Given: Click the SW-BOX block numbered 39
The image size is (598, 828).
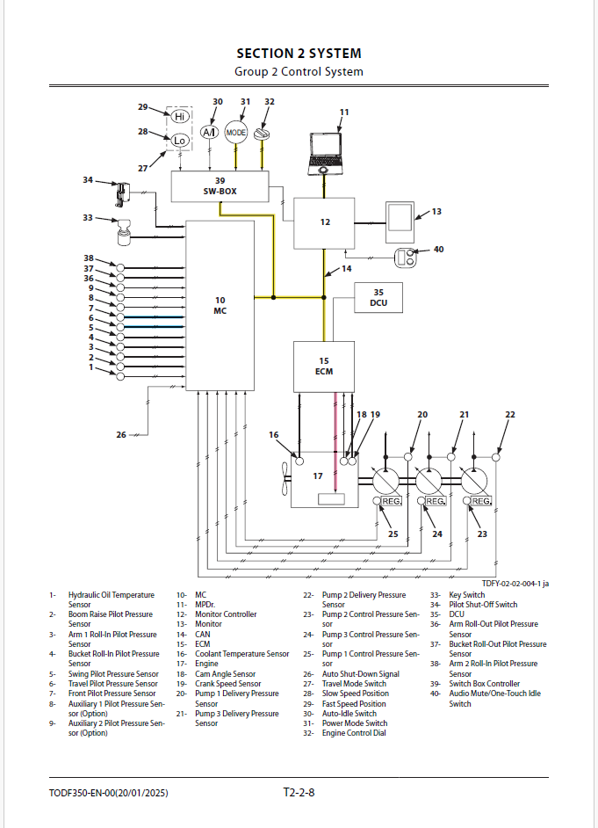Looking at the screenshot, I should [220, 185].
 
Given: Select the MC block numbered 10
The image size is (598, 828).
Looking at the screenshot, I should [220, 305].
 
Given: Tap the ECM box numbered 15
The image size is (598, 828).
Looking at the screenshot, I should [324, 366].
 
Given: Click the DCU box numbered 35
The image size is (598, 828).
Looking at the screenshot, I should [378, 299].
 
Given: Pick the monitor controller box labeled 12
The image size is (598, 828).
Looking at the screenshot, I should [324, 222].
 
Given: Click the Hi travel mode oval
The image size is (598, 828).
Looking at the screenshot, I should [180, 117].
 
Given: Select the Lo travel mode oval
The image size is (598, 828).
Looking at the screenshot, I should [180, 141].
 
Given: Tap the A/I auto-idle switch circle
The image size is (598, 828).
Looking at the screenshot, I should [209, 133].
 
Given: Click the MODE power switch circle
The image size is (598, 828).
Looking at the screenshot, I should [236, 133].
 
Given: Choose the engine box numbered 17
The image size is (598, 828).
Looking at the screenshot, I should [323, 479].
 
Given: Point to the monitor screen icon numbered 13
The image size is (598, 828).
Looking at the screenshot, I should [400, 222].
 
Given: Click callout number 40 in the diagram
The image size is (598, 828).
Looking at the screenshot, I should [439, 250].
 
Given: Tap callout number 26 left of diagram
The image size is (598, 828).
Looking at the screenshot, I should [121, 434].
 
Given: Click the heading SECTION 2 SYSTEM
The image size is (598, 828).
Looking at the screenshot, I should [299, 54].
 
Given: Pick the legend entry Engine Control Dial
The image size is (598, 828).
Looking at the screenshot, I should [354, 733].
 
